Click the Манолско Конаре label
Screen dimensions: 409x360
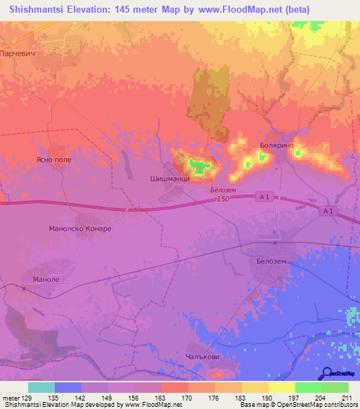(x=79, y=228)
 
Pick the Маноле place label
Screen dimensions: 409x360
(x=45, y=279)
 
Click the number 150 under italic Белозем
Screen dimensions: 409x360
(x=224, y=200)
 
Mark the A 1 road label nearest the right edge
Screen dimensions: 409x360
(x=328, y=211)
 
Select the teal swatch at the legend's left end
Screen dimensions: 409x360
(x=41, y=387)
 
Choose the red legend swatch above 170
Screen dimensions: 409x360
(x=174, y=387)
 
